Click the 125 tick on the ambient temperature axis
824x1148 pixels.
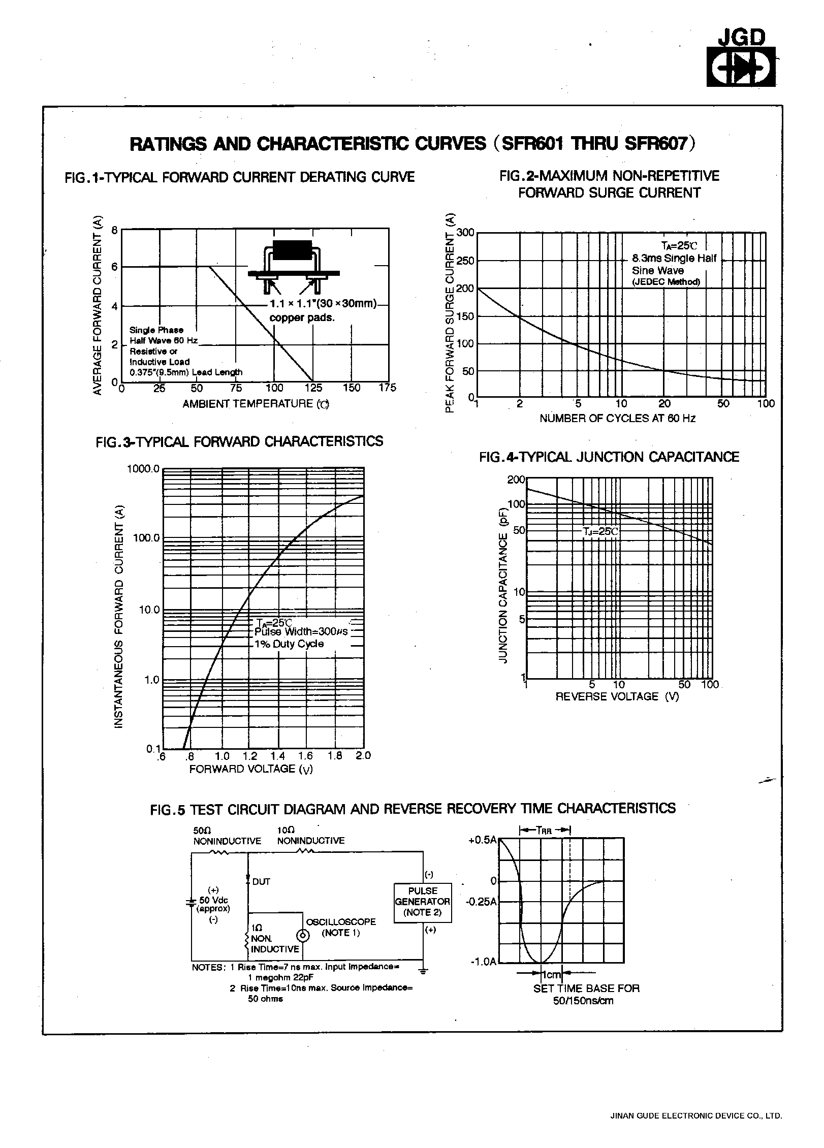(x=313, y=388)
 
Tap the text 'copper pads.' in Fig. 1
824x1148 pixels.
(x=302, y=318)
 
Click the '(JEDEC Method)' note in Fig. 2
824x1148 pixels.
(x=666, y=282)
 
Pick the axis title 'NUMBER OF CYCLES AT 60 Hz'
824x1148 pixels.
(x=617, y=419)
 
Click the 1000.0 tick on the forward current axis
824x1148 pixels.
(x=143, y=468)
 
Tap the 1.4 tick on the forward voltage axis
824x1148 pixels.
(x=278, y=756)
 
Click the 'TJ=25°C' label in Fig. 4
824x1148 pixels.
(x=601, y=531)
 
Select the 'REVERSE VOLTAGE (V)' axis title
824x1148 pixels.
(x=617, y=696)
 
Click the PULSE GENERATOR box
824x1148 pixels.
(x=423, y=902)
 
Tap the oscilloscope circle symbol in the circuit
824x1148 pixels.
(x=302, y=936)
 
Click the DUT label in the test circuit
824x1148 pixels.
(x=261, y=882)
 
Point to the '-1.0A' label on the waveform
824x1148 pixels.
(x=483, y=962)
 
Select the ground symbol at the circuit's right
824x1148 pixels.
(x=423, y=972)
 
